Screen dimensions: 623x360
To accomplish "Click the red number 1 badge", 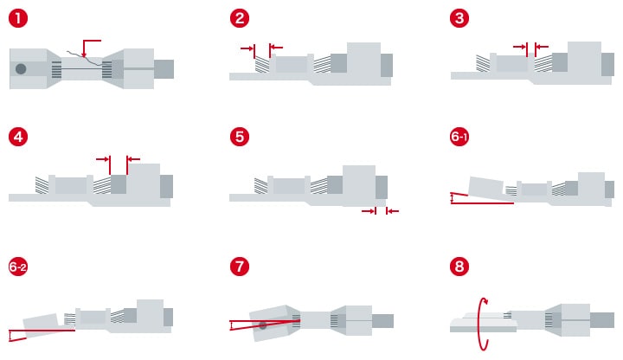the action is tap(18, 18).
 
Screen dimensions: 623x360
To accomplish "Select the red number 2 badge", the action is tap(240, 18).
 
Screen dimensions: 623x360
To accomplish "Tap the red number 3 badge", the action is tap(459, 18).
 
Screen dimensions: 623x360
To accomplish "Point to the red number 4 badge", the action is tap(18, 137).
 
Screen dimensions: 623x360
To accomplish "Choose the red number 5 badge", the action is tap(240, 137).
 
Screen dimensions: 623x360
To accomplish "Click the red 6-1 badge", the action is tap(459, 137).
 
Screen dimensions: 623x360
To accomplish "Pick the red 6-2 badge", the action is tap(18, 267).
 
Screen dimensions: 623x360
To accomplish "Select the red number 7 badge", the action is tap(240, 267).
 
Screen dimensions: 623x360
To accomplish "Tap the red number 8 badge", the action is tap(459, 267).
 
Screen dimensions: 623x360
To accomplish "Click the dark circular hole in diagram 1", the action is tap(21, 68).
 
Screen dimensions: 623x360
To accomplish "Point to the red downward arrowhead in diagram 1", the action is tap(84, 55).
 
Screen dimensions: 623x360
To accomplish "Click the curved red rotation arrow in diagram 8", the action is tap(483, 324).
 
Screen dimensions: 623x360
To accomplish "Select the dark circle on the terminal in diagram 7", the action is tap(263, 326).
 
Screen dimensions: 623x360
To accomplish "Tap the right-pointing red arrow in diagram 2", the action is tap(247, 48).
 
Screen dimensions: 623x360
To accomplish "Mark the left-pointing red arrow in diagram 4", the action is tap(134, 159).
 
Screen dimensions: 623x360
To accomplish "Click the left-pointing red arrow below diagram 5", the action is tap(393, 211).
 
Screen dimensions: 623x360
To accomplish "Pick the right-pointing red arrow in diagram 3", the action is tap(520, 47).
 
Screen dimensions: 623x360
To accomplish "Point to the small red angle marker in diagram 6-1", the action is tap(452, 198).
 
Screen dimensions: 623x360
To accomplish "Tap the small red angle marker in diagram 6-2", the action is tap(10, 336).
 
